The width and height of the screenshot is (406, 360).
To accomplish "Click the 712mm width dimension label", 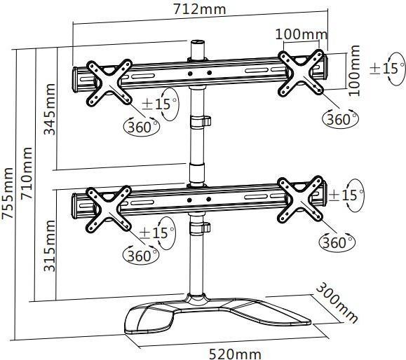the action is tap(199, 9).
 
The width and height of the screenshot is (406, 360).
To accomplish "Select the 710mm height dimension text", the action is tap(27, 173).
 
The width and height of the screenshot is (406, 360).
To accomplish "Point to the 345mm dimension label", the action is tap(50, 109).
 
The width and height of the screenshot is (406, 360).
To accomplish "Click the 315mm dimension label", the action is tap(50, 245).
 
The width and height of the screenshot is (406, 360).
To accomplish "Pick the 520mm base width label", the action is tap(235, 354).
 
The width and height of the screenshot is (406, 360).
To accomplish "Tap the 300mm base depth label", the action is tap(337, 303).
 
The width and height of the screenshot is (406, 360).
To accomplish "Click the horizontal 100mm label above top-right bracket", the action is tap(301, 34).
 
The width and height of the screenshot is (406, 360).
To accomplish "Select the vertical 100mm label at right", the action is tap(354, 70).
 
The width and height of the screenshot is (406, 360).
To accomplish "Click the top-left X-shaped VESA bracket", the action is tap(109, 83).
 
